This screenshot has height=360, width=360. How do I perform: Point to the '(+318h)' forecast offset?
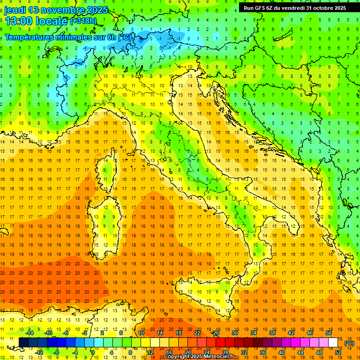pos(83,21)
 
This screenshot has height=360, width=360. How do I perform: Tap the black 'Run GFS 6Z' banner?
pos(294,7)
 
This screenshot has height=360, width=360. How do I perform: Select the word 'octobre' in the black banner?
pos(323,7)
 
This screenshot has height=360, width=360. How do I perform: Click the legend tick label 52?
pos(338,352)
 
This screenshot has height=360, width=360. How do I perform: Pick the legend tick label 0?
pos(93,352)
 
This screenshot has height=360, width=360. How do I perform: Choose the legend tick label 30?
pos(235,332)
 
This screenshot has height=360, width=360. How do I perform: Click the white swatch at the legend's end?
pos(333,343)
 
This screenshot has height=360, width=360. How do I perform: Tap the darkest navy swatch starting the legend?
pos(23,343)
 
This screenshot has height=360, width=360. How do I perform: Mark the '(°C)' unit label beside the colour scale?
pos(349,343)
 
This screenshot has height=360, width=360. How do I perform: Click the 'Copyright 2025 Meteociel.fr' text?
pos(202,357)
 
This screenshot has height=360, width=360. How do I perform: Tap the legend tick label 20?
pos(188,352)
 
